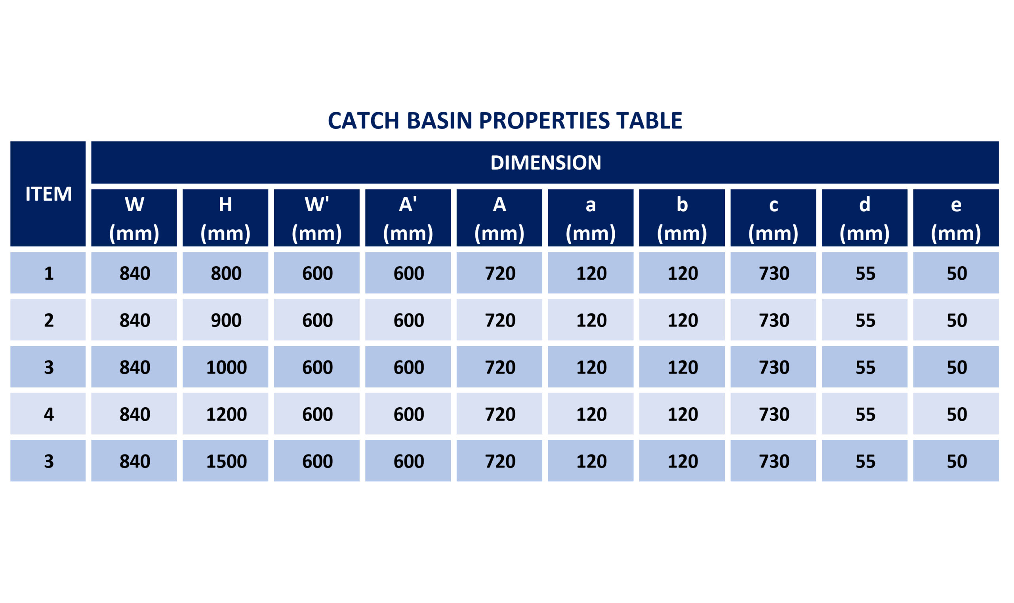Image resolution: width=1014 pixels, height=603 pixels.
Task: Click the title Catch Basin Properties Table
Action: click(505, 121)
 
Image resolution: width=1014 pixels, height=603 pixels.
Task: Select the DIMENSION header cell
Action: click(545, 162)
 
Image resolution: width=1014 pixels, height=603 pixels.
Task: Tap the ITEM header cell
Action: click(48, 194)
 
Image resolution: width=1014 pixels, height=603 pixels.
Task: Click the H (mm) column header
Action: click(225, 218)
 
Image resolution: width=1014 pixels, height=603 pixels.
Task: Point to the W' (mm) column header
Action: click(316, 218)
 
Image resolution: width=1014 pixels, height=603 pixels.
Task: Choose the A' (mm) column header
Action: click(408, 218)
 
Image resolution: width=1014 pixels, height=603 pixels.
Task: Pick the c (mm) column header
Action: click(773, 218)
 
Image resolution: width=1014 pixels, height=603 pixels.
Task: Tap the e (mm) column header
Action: click(956, 218)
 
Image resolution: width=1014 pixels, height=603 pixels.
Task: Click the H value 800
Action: click(226, 273)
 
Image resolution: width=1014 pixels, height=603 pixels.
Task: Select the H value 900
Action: click(226, 320)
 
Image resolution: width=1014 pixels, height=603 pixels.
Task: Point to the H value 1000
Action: click(226, 367)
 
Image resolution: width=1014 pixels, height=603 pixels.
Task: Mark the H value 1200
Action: click(226, 414)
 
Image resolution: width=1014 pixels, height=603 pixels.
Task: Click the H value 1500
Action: click(226, 461)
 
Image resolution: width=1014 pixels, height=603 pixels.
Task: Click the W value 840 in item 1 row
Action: click(134, 273)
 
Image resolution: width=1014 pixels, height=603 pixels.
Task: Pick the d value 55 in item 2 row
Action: click(865, 320)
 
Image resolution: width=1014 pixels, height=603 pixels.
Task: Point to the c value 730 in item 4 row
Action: click(774, 414)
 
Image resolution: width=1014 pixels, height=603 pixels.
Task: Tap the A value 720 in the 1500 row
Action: click(500, 461)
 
